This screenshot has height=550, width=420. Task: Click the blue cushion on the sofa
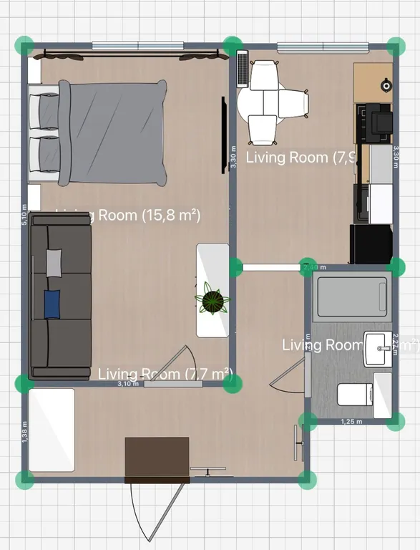click(x=52, y=304)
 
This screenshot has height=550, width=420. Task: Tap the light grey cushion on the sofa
click(x=54, y=262)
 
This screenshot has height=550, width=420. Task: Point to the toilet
click(x=354, y=395)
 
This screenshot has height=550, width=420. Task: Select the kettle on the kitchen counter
click(x=386, y=85)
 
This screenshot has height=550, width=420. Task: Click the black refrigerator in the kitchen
click(x=371, y=243)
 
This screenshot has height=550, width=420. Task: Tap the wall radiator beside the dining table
click(x=242, y=70)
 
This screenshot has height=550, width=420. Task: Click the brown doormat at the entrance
click(x=157, y=459)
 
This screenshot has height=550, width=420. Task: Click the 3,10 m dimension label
click(x=128, y=385)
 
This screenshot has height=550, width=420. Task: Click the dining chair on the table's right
click(x=294, y=104)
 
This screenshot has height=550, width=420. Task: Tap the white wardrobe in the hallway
click(x=52, y=430)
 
